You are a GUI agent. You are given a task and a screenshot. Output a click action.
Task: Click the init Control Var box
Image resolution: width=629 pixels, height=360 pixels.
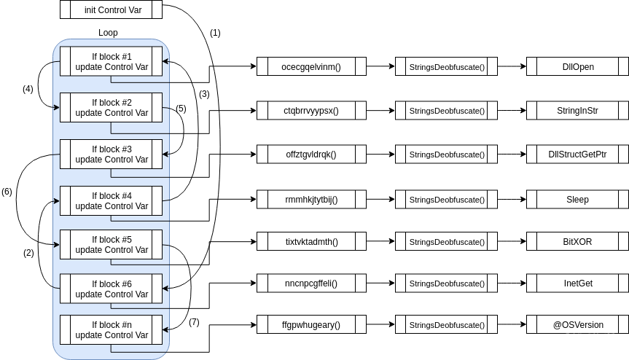coord(111,11)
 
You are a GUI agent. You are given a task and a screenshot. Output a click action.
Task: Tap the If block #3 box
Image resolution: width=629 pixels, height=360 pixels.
coord(111,154)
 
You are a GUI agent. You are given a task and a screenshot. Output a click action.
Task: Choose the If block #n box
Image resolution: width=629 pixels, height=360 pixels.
coord(111,330)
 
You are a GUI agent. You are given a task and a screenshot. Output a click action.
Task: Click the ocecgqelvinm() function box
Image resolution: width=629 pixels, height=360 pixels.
coord(311,67)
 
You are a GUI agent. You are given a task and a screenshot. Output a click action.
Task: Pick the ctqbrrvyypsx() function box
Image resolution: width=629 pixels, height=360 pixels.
coord(311,111)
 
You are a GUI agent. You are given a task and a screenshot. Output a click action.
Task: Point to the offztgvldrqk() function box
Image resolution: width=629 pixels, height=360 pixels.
coord(311,155)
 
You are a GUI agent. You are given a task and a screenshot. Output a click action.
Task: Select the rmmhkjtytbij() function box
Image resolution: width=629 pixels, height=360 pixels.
coord(311,199)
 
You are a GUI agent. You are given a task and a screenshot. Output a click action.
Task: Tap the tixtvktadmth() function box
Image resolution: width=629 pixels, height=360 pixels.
coord(311,241)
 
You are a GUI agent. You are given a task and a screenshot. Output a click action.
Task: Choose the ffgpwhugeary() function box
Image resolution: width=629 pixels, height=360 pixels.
coord(311,324)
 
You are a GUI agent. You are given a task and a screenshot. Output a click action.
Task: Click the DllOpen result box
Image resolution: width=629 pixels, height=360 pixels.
coord(577,67)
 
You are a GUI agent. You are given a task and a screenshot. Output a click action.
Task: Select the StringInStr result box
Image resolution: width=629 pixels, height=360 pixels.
coord(577,111)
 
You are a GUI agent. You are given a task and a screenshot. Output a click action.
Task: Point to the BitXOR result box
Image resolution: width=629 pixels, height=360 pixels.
coord(577,241)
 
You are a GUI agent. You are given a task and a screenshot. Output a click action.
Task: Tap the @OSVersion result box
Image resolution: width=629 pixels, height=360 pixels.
coord(577,324)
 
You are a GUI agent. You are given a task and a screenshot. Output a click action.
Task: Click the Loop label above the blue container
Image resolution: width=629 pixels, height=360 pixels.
coord(108,33)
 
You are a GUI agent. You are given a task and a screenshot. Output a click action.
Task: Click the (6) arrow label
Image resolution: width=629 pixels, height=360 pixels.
coord(7,192)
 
